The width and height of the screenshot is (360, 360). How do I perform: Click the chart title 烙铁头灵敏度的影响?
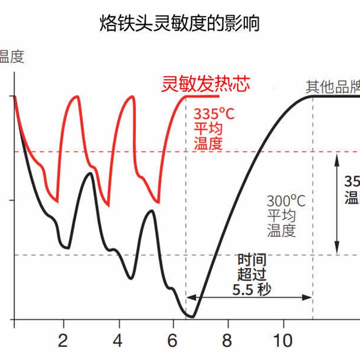tap(180, 23)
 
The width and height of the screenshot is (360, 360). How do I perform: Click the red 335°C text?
tap(214, 114)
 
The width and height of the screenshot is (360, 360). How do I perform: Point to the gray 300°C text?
tap(286, 201)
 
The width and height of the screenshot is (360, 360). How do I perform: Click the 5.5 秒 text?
tap(252, 289)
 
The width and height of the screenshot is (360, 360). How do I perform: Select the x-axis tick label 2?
tap(63, 341)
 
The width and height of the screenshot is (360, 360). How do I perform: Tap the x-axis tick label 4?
tap(118, 341)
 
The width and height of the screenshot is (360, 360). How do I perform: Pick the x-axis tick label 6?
tap(172, 341)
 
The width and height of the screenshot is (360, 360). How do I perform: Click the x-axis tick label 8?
tap(228, 341)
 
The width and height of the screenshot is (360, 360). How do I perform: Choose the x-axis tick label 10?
tap(283, 341)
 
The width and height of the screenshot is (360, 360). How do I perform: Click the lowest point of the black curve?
tap(192, 317)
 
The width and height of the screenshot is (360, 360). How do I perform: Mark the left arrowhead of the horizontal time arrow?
tap(189, 297)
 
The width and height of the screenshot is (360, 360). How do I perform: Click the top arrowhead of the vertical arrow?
tap(337, 155)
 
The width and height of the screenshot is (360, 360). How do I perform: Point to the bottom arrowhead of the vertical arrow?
tap(337, 252)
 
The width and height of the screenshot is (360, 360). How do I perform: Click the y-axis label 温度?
tap(11, 57)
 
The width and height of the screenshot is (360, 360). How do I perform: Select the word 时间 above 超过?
tap(252, 260)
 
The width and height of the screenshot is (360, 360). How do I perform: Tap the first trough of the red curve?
tap(57, 202)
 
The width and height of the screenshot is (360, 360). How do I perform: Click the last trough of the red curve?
tap(157, 202)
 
